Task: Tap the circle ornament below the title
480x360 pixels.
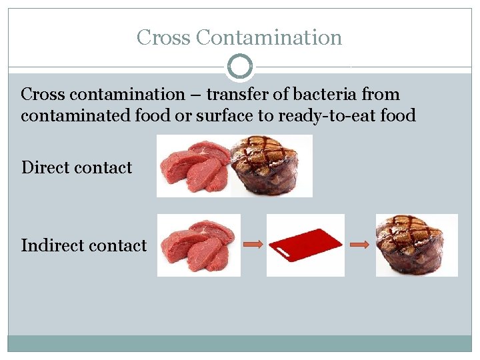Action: [240, 67]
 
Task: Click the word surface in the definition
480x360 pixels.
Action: [227, 116]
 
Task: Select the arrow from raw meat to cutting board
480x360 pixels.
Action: [253, 245]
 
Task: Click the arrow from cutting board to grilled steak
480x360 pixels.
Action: [359, 245]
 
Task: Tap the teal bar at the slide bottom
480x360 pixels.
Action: [240, 343]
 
